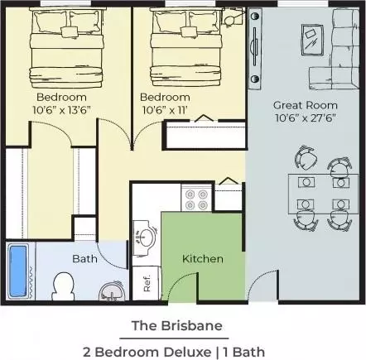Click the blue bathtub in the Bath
click(x=18, y=271)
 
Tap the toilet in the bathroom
click(x=64, y=286)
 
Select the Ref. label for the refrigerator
click(x=147, y=283)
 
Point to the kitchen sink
click(x=144, y=237)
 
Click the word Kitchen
click(x=203, y=259)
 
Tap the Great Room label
click(x=306, y=105)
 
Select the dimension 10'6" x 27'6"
click(x=306, y=118)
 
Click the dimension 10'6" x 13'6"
click(x=62, y=110)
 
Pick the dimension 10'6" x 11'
click(x=165, y=110)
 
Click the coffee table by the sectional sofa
click(x=312, y=41)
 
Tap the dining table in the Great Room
click(x=323, y=194)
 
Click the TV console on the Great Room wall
click(x=255, y=48)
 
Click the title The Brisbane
click(x=177, y=325)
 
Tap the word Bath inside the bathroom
click(x=84, y=259)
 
